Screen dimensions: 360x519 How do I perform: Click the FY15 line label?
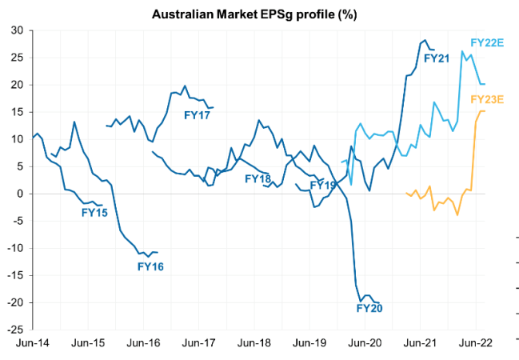tap(95, 213)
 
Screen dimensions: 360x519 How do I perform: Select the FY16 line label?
tap(150, 266)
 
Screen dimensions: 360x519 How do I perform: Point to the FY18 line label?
tap(258, 179)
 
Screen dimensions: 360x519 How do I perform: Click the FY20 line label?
tap(369, 308)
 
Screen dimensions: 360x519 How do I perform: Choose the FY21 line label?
tap(437, 58)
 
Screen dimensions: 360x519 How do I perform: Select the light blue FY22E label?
tap(487, 42)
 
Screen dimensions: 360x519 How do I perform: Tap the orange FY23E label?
tap(487, 100)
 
